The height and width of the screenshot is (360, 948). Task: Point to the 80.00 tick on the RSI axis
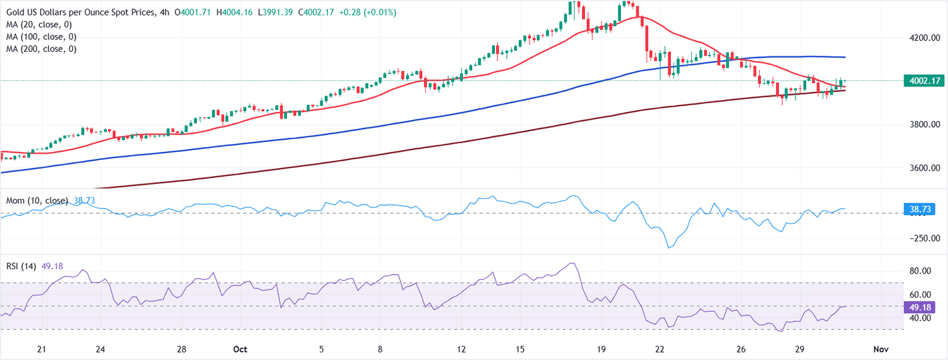point(920,271)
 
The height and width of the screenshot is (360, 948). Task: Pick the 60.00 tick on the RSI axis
point(920,295)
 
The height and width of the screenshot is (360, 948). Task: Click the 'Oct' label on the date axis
point(240,349)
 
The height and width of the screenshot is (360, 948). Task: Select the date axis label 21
point(41,349)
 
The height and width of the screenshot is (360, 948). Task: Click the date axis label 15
point(520,349)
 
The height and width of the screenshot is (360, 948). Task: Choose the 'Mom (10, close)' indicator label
point(37,201)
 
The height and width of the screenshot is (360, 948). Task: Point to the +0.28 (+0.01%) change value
point(366,12)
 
